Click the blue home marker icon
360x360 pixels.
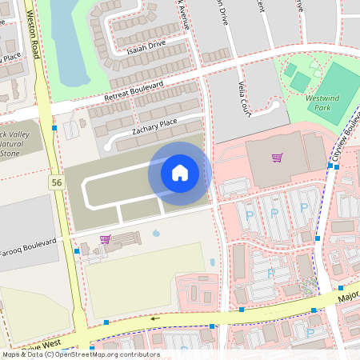click(x=180, y=172)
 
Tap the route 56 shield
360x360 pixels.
click(x=56, y=183)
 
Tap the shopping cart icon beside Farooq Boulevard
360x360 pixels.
click(x=105, y=238)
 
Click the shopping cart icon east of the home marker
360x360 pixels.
click(x=277, y=158)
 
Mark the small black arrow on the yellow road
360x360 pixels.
click(x=155, y=318)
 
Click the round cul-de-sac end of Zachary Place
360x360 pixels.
click(x=109, y=146)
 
